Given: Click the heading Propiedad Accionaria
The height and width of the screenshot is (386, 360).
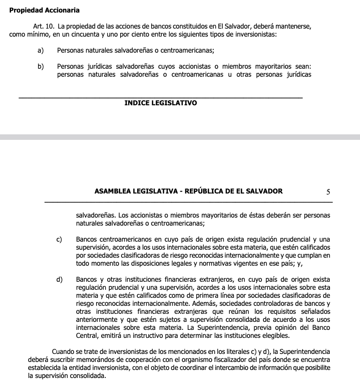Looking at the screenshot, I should (x=44, y=10).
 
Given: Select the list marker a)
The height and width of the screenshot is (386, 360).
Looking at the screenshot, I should (x=40, y=50).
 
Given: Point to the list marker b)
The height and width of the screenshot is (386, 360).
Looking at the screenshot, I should (x=40, y=66).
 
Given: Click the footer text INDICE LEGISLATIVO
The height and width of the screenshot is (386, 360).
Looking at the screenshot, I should (x=160, y=103).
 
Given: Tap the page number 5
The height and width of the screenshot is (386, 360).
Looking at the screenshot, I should (x=328, y=191).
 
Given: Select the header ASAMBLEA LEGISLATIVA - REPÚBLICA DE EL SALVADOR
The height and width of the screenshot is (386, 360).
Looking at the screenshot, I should (x=188, y=191).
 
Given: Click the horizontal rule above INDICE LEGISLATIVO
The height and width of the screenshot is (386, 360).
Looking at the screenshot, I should (x=160, y=97).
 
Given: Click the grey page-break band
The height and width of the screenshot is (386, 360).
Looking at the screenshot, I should (x=180, y=136).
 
